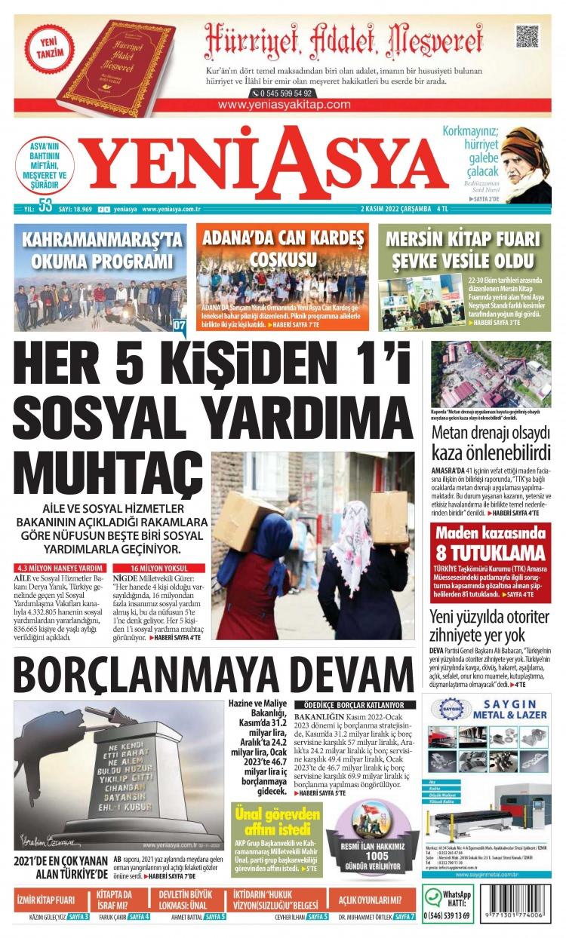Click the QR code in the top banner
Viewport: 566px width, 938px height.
click(x=527, y=36)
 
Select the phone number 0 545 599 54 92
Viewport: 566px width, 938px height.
click(x=283, y=93)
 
